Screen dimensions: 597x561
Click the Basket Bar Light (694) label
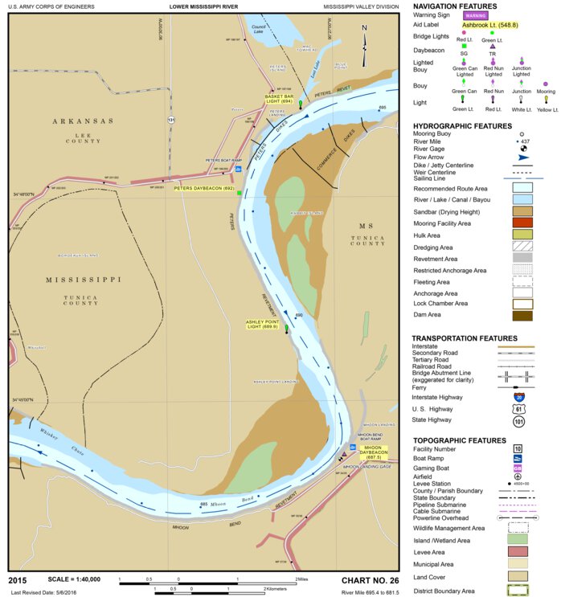(x=278, y=99)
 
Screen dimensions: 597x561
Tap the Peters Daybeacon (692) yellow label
(x=204, y=189)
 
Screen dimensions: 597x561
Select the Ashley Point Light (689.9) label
(x=262, y=324)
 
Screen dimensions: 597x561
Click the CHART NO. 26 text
(x=370, y=580)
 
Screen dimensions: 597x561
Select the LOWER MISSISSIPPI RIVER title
(x=204, y=6)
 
